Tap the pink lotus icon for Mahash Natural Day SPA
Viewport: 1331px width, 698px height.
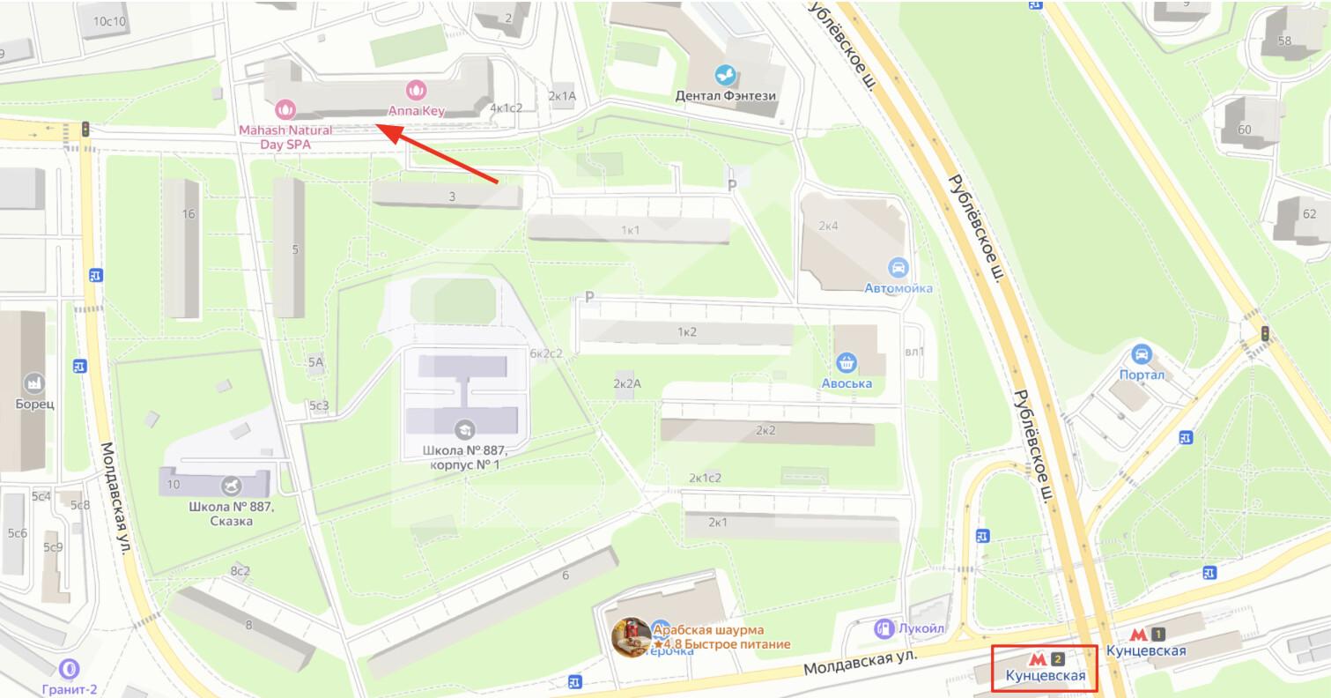click(284, 109)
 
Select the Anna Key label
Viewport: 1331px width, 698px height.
click(417, 112)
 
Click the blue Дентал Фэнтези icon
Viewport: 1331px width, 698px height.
click(726, 74)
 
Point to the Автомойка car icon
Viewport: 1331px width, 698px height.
click(898, 268)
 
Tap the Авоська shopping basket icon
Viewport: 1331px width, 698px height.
click(847, 362)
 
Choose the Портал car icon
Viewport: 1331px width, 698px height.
click(1142, 354)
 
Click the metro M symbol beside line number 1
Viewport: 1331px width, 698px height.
click(1138, 634)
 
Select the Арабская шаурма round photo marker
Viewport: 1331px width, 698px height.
click(632, 636)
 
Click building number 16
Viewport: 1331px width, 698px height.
click(188, 214)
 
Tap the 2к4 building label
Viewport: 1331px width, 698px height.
click(828, 226)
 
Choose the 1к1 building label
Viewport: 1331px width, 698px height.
click(630, 230)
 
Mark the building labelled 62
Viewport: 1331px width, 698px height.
click(1309, 213)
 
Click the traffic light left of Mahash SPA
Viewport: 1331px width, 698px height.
click(85, 129)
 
